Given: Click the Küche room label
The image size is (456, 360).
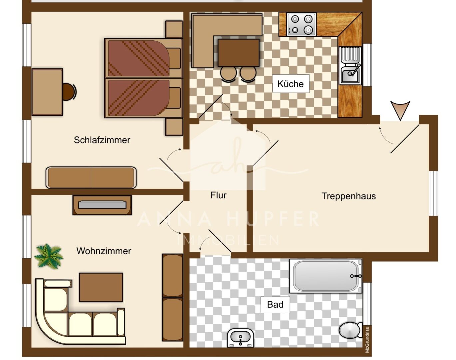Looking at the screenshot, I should (290, 84).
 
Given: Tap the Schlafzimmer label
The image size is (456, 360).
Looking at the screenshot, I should (102, 140).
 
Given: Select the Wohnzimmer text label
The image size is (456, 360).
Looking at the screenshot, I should (104, 251).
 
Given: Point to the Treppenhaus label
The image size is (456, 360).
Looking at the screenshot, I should (348, 196).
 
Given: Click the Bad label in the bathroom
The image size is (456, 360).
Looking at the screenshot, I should (275, 304).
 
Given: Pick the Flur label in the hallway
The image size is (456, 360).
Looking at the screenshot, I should (219, 195).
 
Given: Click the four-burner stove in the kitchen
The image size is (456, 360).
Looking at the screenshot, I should (301, 24).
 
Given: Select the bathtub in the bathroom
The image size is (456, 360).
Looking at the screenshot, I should (326, 276).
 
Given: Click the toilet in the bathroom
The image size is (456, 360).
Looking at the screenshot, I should (350, 330).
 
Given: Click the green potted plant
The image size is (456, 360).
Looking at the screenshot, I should (49, 256).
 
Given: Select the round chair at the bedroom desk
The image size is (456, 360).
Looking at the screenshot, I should (69, 92).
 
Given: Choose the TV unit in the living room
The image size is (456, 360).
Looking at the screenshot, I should (102, 205).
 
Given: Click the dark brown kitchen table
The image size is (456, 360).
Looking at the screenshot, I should (238, 53).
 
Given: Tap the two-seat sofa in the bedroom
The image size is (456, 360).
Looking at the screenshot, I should (91, 177).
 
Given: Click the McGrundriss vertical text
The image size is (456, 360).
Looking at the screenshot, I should (367, 339).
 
